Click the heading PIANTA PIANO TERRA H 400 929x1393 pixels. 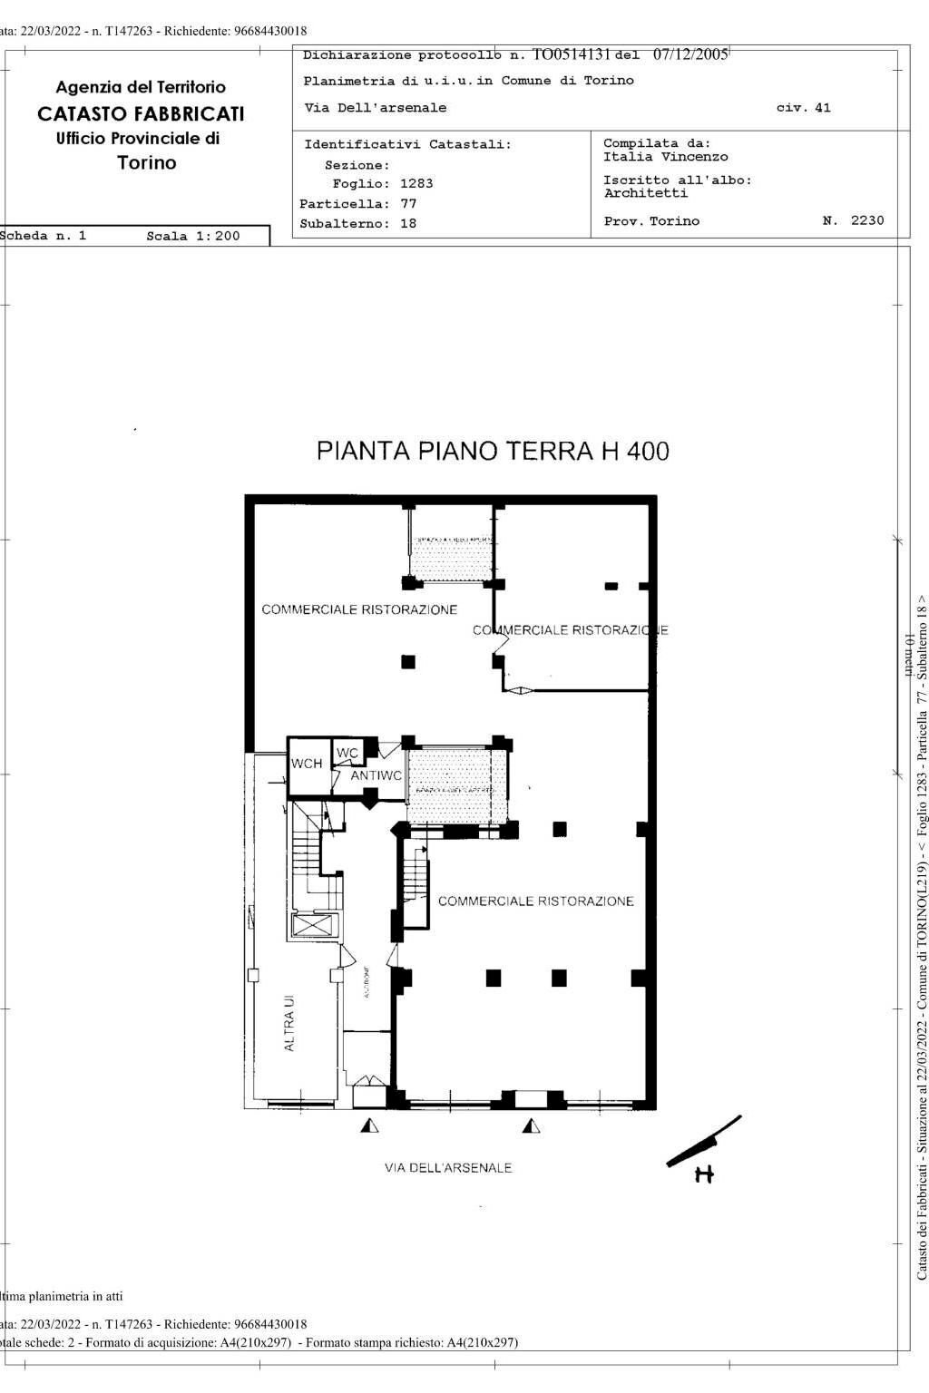pyautogui.click(x=493, y=451)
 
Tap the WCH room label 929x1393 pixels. pyautogui.click(x=307, y=764)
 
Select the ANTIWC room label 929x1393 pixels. pyautogui.click(x=376, y=775)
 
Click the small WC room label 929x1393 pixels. pyautogui.click(x=347, y=753)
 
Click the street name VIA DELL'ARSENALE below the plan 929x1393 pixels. pyautogui.click(x=448, y=1167)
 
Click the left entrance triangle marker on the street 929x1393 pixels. pyautogui.click(x=369, y=1125)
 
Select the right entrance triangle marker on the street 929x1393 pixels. pyautogui.click(x=531, y=1125)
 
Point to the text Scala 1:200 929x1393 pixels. pyautogui.click(x=193, y=236)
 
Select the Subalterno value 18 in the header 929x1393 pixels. pyautogui.click(x=408, y=223)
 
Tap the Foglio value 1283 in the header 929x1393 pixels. pyautogui.click(x=416, y=183)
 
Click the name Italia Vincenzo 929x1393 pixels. pyautogui.click(x=665, y=157)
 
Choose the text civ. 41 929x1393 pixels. pyautogui.click(x=803, y=108)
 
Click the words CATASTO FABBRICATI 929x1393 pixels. pyautogui.click(x=141, y=114)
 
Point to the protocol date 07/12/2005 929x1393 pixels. pyautogui.click(x=689, y=54)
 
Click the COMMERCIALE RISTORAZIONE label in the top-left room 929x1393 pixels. pyautogui.click(x=359, y=609)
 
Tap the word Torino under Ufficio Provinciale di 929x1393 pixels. pyautogui.click(x=147, y=163)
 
